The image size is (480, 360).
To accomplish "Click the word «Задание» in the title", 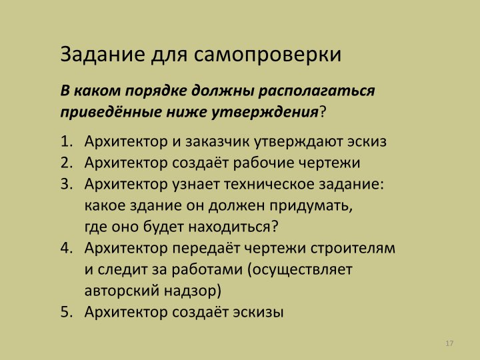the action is click(103, 55).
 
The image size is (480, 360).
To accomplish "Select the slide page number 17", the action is click(449, 343).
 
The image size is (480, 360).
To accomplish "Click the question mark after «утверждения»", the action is click(323, 112).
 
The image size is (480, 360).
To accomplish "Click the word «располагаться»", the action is click(317, 91).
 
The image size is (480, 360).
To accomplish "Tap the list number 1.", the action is click(67, 141).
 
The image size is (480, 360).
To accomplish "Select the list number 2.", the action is click(67, 163).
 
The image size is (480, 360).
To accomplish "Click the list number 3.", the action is click(67, 184).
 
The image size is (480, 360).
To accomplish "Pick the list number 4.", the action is click(67, 248).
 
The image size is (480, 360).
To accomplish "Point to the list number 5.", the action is click(67, 312).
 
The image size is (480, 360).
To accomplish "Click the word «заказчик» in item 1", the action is click(217, 141).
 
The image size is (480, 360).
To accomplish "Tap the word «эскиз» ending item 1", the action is click(367, 141).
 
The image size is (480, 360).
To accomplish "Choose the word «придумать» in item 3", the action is click(311, 206).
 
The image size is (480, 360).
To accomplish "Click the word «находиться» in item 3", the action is click(229, 227).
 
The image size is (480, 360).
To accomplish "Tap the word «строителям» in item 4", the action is click(353, 249).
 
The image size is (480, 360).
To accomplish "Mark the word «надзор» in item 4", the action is click(192, 291).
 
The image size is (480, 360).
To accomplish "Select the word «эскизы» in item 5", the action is click(258, 312).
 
